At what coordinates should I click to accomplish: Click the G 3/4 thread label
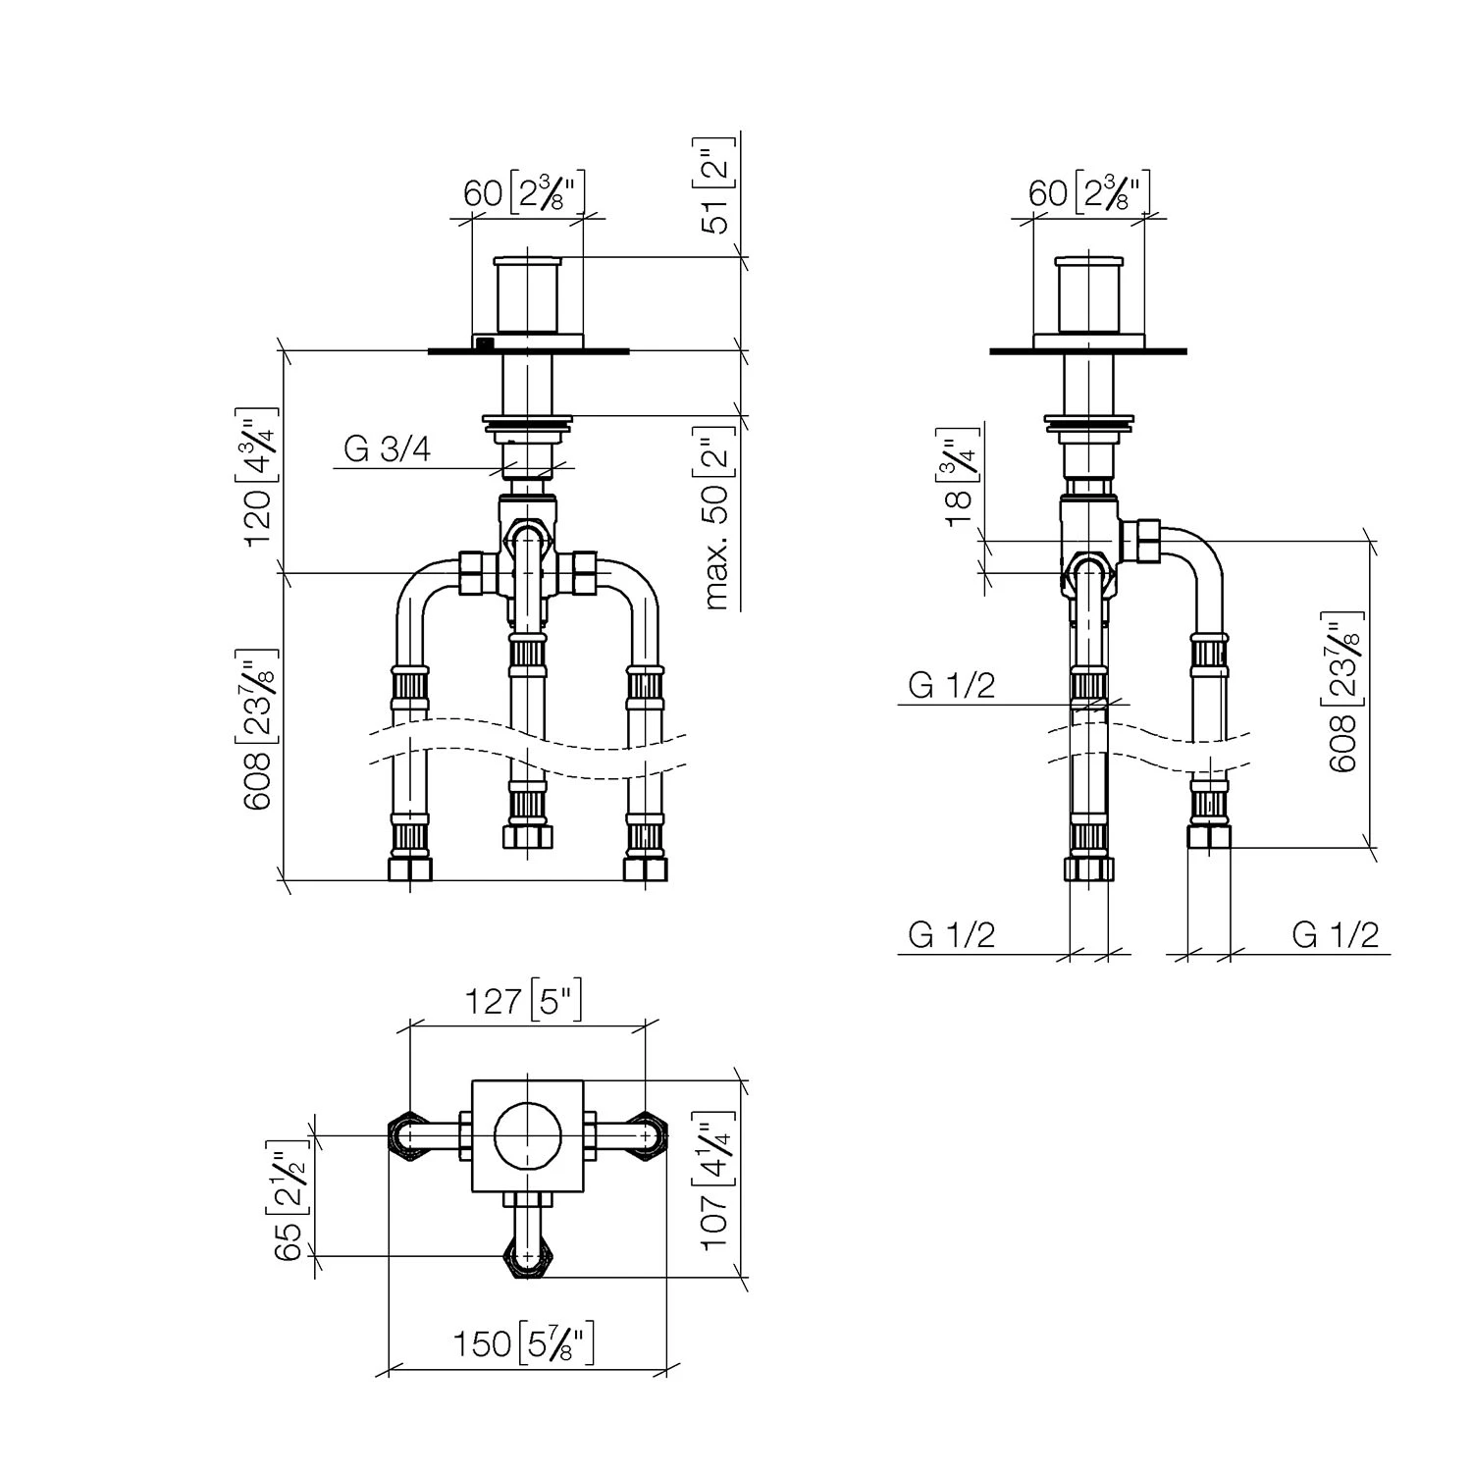(388, 449)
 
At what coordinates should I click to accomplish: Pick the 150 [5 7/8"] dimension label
(524, 1343)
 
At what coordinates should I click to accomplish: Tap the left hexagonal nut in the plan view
(412, 1137)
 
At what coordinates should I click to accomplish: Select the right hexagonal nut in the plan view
(645, 1137)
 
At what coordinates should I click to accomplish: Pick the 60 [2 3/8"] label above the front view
(524, 192)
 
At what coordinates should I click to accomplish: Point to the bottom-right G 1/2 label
(1336, 935)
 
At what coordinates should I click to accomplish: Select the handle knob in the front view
(528, 294)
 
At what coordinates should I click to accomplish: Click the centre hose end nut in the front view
(528, 836)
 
